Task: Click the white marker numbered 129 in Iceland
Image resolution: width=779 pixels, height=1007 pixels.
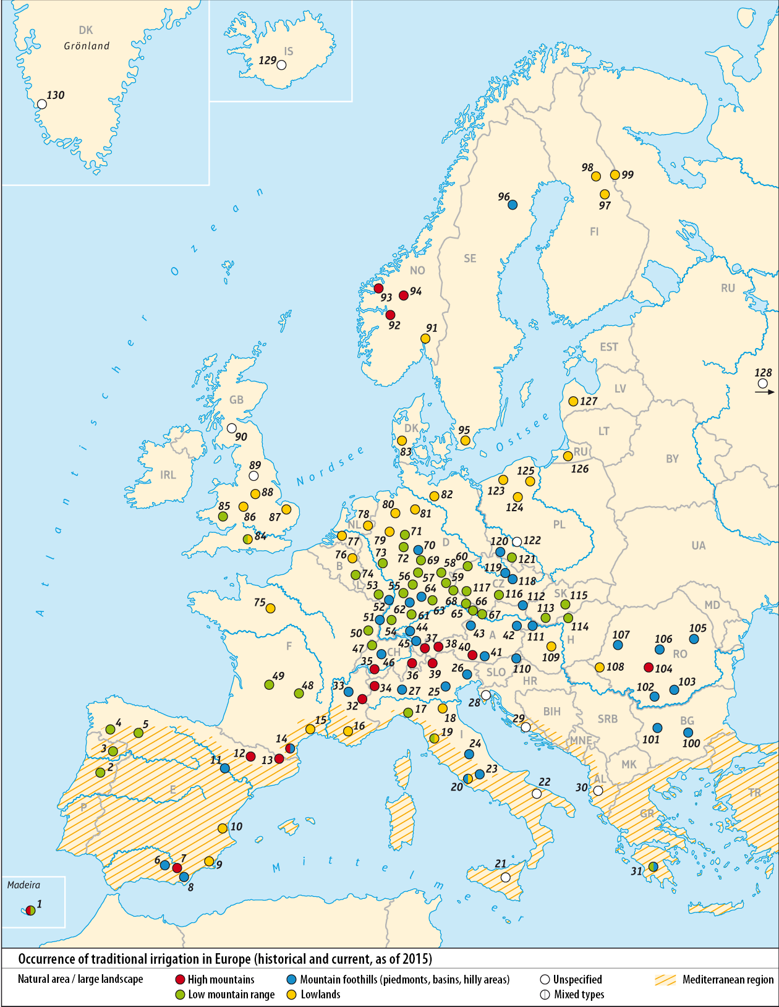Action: pos(282,65)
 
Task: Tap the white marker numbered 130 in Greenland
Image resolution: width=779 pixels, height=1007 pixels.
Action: pos(42,104)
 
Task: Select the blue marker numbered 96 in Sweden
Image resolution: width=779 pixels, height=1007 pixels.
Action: pos(512,205)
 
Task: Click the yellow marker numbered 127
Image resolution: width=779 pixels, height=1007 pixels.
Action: pos(573,401)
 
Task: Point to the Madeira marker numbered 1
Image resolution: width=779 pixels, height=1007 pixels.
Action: pos(30,910)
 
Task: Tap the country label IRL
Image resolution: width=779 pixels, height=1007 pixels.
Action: pos(168,475)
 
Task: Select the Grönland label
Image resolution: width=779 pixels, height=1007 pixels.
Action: pos(87,46)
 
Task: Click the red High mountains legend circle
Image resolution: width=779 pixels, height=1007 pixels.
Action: pos(181,979)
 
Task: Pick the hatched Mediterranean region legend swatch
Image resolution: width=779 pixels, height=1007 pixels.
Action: pos(666,980)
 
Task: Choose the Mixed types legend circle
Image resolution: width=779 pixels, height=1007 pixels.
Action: pos(545,995)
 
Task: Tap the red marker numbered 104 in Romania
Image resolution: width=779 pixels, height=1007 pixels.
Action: pos(648,667)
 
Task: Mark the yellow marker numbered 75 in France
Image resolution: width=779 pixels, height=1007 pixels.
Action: pos(270,608)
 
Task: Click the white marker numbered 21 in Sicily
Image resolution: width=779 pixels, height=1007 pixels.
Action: pos(506,877)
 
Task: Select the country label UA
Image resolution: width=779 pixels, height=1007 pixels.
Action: pos(698,545)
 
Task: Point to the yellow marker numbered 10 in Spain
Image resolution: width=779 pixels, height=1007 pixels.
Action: pos(223,828)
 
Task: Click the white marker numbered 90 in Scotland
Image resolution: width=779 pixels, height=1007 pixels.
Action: pos(231,428)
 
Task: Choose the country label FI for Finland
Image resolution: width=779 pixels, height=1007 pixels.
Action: pos(594,232)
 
